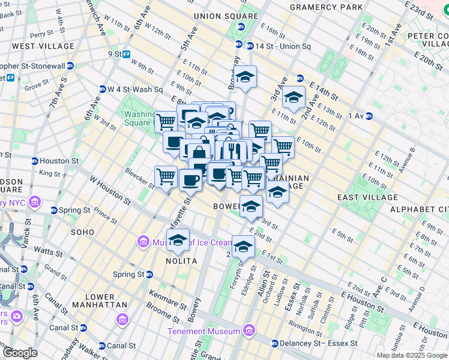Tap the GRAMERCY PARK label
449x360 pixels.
click(326, 7)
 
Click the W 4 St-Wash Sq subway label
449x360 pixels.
click(134, 89)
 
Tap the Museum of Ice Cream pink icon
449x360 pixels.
click(143, 242)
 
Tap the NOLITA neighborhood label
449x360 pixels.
click(181, 261)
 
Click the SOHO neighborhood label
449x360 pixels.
click(82, 232)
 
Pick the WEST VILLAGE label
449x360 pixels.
click(43, 46)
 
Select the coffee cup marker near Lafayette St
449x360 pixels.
click(190, 179)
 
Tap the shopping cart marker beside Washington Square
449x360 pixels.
click(166, 121)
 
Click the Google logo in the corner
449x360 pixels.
click(20, 353)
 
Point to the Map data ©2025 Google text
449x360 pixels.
click(412, 355)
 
